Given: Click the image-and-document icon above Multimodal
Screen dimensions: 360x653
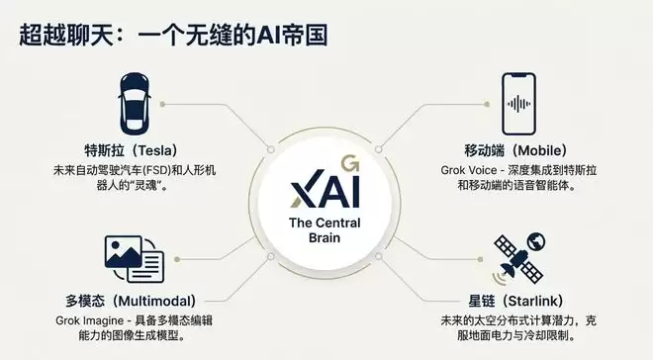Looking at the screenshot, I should [x=132, y=259].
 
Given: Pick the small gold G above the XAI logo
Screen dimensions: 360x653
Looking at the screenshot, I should [x=347, y=159].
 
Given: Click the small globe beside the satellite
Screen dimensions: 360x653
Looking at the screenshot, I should [x=538, y=240].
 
